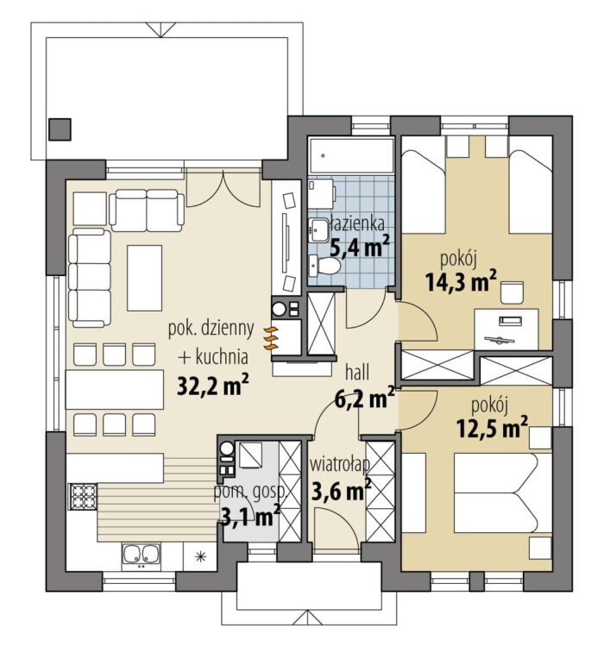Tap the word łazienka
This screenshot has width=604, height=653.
point(355,224)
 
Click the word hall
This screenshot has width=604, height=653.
point(357,373)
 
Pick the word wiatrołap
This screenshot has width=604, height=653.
point(340,465)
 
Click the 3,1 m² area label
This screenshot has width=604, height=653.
point(250,517)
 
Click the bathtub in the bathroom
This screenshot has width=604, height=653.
point(351,156)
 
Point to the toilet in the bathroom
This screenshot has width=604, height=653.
point(324,266)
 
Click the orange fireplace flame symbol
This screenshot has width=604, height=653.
point(271,338)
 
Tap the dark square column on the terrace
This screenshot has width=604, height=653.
point(60,129)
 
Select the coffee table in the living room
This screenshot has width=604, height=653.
point(145,278)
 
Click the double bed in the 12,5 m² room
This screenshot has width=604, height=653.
point(503,493)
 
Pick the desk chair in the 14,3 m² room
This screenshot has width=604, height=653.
point(512,292)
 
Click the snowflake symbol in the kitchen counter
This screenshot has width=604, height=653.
point(201,556)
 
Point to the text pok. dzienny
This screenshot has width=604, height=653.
point(211,330)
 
